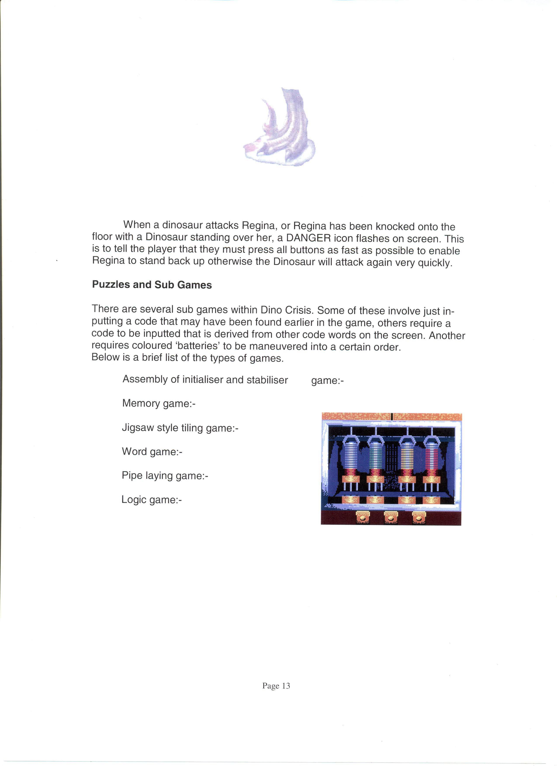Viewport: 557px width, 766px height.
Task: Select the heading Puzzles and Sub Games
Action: coord(152,285)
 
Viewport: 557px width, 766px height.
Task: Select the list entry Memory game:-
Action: coord(159,403)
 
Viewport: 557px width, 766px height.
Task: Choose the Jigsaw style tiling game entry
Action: coord(180,428)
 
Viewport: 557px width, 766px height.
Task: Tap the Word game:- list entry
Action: coord(152,452)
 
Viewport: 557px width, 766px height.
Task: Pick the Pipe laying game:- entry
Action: coord(165,476)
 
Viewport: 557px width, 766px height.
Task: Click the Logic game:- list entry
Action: coord(151,500)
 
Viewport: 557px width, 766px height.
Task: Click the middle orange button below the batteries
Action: coord(391,517)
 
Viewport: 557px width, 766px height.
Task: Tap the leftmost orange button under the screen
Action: coord(363,517)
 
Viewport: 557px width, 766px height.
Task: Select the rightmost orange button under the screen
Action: coord(419,517)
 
